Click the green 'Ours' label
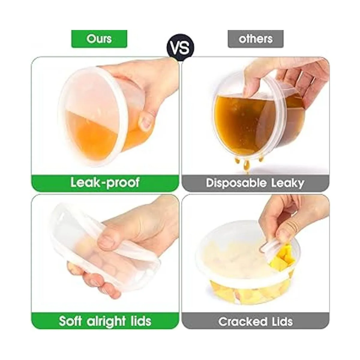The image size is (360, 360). (99, 39)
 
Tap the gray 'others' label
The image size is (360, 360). (256, 39)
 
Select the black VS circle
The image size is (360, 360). (180, 47)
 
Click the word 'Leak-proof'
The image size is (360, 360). (105, 182)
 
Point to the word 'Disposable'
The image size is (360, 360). (236, 183)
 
